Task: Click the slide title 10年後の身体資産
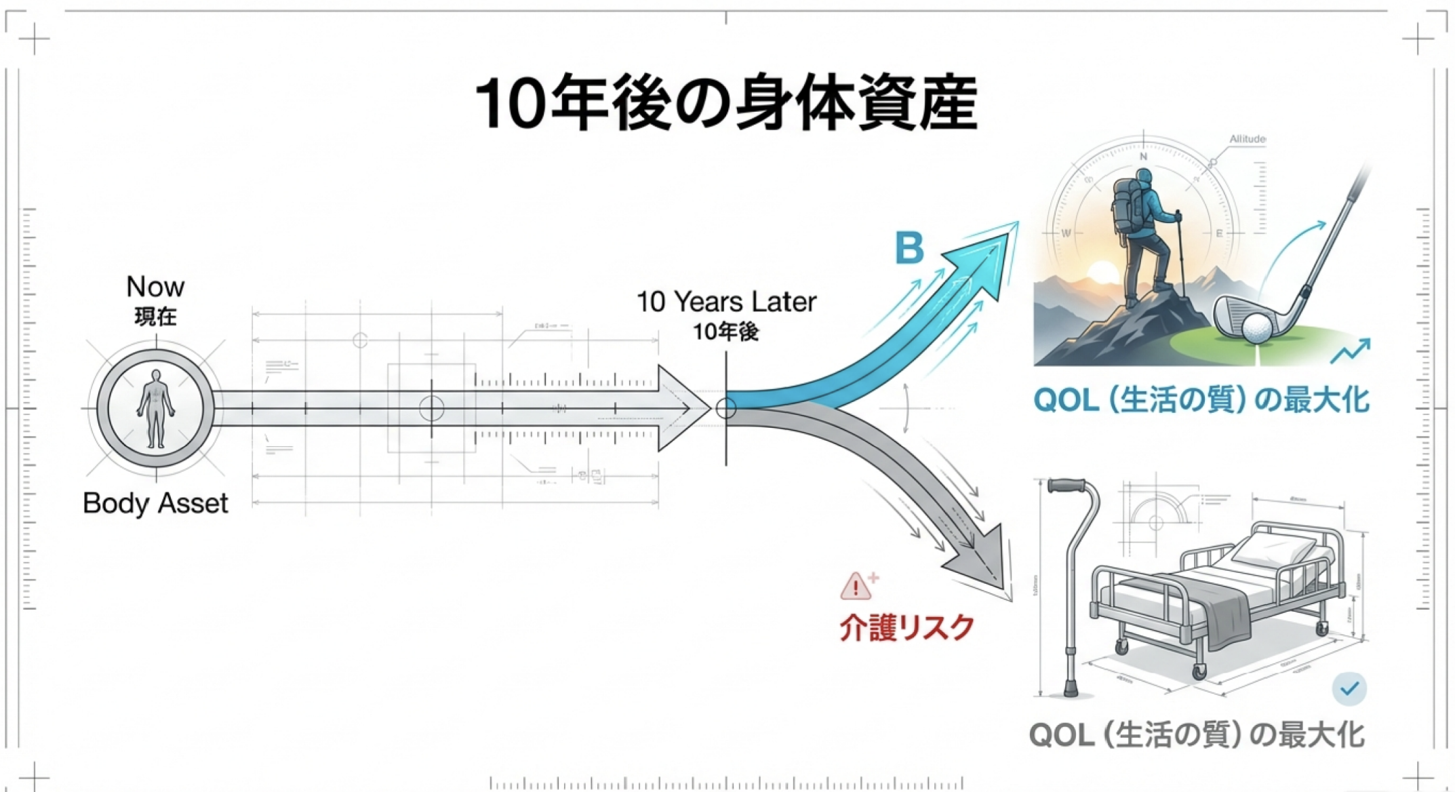point(725,104)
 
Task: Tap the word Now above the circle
point(155,287)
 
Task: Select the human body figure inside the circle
point(156,408)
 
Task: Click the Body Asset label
point(155,503)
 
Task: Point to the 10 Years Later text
point(726,302)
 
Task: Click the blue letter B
point(909,248)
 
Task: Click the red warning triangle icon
point(856,587)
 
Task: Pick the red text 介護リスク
point(906,628)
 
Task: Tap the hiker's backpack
point(1127,207)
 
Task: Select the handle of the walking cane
point(1068,486)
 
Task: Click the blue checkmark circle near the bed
point(1349,689)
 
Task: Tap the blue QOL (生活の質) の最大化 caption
point(1200,400)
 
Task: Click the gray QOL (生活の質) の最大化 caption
point(1197,735)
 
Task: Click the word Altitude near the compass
point(1247,139)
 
